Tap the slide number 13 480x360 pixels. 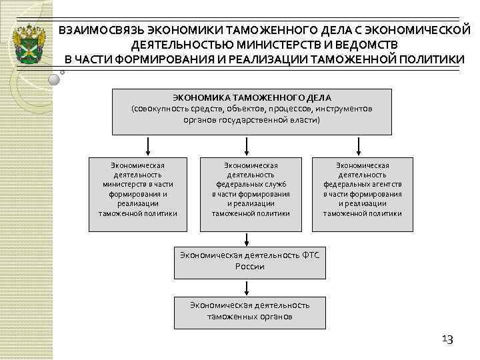[447, 340]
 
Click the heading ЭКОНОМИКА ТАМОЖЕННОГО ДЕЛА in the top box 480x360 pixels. [251, 97]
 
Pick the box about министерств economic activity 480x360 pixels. [137, 193]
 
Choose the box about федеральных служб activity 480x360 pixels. [251, 193]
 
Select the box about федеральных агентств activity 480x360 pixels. [362, 193]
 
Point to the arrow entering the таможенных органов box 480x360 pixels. [249, 287]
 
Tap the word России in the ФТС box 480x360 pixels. [249, 267]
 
